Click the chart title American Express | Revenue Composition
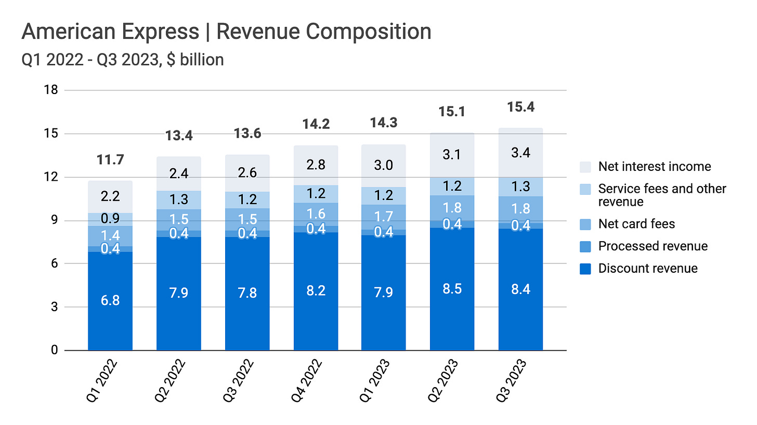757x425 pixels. [x=226, y=32]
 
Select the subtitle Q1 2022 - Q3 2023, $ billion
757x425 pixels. [x=123, y=60]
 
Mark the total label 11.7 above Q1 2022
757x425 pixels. [x=110, y=160]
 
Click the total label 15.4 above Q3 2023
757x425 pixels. [x=520, y=107]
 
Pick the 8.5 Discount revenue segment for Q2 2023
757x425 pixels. [x=452, y=289]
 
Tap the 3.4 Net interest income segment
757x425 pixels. [x=520, y=153]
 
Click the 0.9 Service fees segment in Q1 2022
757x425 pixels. [x=110, y=219]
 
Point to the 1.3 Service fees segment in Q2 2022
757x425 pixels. [x=178, y=199]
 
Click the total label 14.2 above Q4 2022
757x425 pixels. [x=315, y=124]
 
